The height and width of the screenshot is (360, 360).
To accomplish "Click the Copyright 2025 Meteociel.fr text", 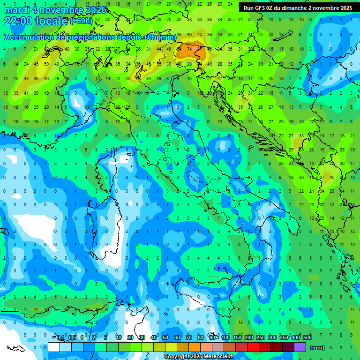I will coord(199,356).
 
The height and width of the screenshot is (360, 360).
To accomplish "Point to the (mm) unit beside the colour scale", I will coord(317,348).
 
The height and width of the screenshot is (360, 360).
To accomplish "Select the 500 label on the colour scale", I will coord(307,338).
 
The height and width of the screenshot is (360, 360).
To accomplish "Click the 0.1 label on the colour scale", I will coord(60,338).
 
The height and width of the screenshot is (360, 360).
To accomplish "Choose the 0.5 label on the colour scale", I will coord(72,338).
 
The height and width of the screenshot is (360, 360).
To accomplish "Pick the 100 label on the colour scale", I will coord(225,338).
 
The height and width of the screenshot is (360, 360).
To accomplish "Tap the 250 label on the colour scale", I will coord(260,338).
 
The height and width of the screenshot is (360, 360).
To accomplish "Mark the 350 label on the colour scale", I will coord(284,338).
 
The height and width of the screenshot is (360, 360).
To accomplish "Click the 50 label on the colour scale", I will coord(165,338).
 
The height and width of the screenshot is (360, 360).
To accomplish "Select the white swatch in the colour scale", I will coord(53,347).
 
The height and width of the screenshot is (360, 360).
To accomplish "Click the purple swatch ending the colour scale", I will coord(300,347).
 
